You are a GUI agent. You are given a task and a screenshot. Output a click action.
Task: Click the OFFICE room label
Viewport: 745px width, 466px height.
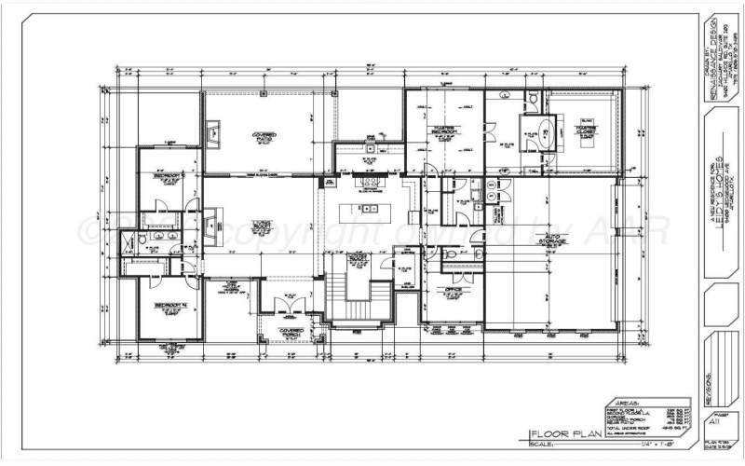(x=454, y=292)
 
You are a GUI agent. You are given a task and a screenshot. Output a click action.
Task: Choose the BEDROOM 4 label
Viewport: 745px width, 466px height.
(x=170, y=306)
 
